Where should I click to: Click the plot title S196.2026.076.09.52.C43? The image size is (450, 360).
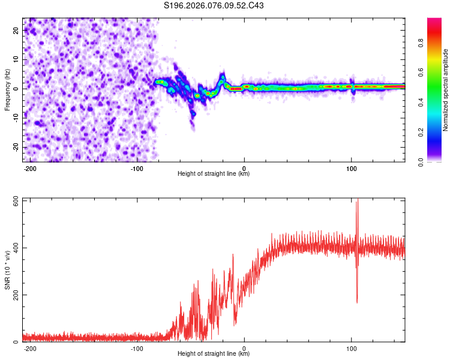pyautogui.click(x=214, y=5)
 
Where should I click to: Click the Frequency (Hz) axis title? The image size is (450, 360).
pyautogui.click(x=7, y=90)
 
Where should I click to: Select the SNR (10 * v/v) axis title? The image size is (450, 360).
pyautogui.click(x=7, y=271)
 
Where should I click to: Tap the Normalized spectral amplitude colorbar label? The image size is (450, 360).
pyautogui.click(x=446, y=90)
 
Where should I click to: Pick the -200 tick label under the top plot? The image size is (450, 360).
pyautogui.click(x=30, y=168)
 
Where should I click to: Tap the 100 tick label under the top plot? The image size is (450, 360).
pyautogui.click(x=351, y=168)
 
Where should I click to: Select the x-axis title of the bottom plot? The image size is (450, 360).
pyautogui.click(x=214, y=354)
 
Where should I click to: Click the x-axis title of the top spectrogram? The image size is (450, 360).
pyautogui.click(x=214, y=174)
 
